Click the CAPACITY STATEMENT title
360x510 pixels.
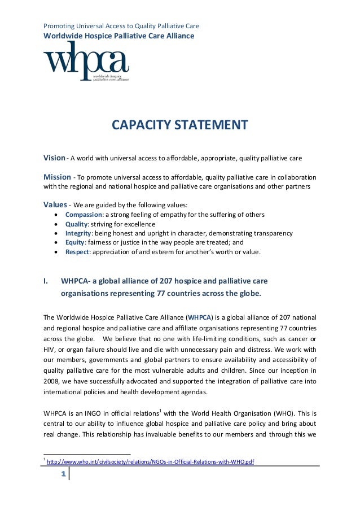(179, 124)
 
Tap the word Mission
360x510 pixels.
(57, 177)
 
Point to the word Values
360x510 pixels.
(56, 204)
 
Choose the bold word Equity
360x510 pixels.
(74, 242)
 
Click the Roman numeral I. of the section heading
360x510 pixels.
(47, 280)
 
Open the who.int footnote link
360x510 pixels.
(150, 461)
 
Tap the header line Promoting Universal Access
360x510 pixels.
(121, 26)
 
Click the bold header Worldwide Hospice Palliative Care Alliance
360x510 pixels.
(118, 36)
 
